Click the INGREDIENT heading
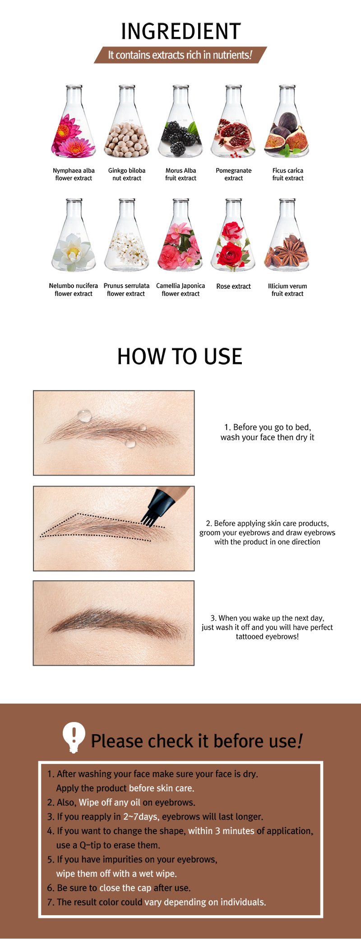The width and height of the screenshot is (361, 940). coord(180,32)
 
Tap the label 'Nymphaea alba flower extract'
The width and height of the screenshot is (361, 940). coord(74,174)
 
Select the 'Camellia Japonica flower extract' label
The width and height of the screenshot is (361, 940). coord(180,290)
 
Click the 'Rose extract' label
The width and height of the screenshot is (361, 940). coord(233,286)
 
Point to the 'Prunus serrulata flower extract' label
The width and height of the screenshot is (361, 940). coord(126,290)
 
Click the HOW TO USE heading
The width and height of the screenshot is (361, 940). coord(180,356)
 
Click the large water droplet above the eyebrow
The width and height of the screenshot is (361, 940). coord(84,415)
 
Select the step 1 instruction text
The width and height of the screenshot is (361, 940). coord(267,432)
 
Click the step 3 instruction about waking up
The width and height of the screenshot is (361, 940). coord(267,627)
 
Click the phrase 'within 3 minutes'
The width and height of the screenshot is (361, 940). coord(221,831)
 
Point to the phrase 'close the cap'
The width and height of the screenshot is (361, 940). coord(125,888)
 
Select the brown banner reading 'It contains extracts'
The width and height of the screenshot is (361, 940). coord(180,55)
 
